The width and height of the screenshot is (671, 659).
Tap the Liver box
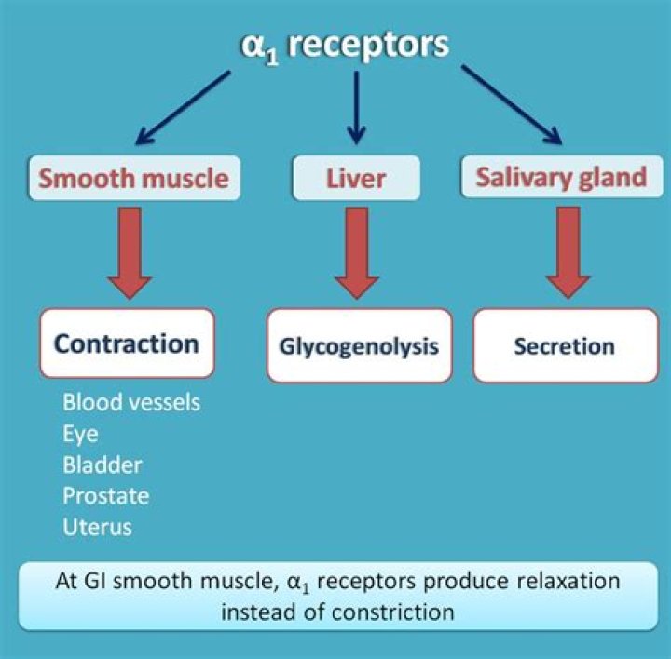click(354, 176)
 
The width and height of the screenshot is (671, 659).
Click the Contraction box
click(127, 343)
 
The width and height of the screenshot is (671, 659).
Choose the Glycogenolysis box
click(359, 346)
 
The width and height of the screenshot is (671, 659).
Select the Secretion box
click(564, 346)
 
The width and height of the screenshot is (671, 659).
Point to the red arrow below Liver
click(355, 247)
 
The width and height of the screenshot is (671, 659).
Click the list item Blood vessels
click(131, 403)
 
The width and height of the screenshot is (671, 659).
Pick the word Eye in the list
click(80, 434)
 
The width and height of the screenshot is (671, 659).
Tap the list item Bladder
click(103, 464)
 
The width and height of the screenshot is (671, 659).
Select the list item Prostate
click(105, 495)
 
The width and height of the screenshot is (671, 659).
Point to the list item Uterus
click(97, 526)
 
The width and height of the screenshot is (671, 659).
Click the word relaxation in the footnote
click(568, 581)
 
